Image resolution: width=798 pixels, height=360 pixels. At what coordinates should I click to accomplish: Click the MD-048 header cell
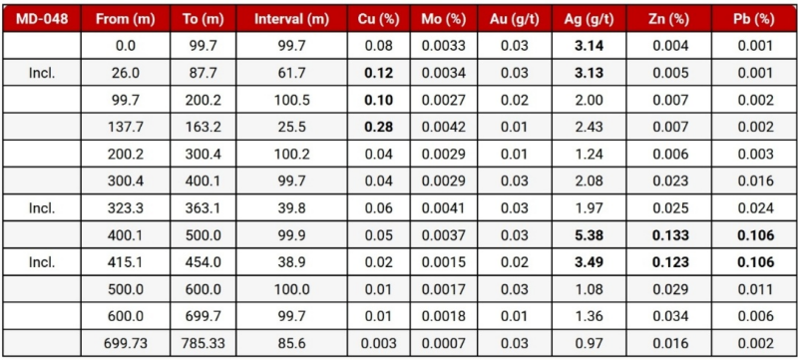42,19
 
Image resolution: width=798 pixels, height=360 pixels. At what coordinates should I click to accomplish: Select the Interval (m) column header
291,19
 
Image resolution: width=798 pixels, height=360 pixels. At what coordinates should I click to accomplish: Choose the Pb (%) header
754,19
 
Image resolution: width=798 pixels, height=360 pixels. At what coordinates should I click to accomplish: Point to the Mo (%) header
443,19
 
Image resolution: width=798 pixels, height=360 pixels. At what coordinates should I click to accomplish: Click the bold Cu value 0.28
379,127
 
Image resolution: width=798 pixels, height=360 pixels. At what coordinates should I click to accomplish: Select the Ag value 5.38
589,235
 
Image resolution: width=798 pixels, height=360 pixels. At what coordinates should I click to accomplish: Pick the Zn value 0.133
668,235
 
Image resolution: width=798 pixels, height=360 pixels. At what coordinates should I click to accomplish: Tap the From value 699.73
126,343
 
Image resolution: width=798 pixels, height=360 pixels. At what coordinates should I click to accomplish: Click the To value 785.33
203,343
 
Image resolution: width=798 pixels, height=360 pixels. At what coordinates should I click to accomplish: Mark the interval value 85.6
291,343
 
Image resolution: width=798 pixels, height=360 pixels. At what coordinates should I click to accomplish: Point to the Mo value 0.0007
443,343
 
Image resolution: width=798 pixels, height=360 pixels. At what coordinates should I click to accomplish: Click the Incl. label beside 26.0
42,73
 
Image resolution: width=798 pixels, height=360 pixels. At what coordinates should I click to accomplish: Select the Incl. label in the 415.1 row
42,262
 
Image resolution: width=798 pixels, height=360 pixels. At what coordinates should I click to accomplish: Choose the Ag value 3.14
589,46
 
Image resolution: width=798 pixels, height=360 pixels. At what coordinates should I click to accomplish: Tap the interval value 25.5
291,127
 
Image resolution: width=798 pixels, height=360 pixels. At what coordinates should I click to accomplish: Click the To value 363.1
203,208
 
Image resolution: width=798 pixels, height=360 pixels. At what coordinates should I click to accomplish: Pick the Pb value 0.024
754,208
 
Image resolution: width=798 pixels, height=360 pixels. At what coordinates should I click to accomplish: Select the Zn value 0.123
668,262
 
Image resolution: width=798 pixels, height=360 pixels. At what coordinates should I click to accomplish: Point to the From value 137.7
126,127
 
